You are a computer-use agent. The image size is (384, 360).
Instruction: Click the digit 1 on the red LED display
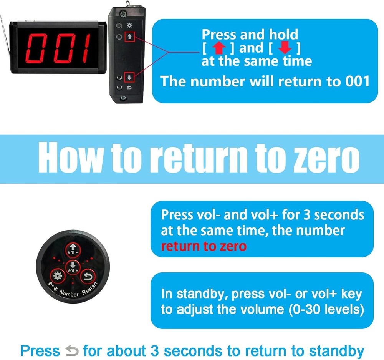point(81,47)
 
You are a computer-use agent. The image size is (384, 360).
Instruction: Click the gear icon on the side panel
point(129,25)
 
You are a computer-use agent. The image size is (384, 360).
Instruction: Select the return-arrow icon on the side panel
point(129,88)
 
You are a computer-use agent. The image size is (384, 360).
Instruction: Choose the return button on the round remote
point(88,275)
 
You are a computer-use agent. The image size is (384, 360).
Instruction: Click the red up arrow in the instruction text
point(219,48)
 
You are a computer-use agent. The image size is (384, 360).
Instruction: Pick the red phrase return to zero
point(204,246)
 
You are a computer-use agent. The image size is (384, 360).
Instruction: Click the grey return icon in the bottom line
point(71,350)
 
